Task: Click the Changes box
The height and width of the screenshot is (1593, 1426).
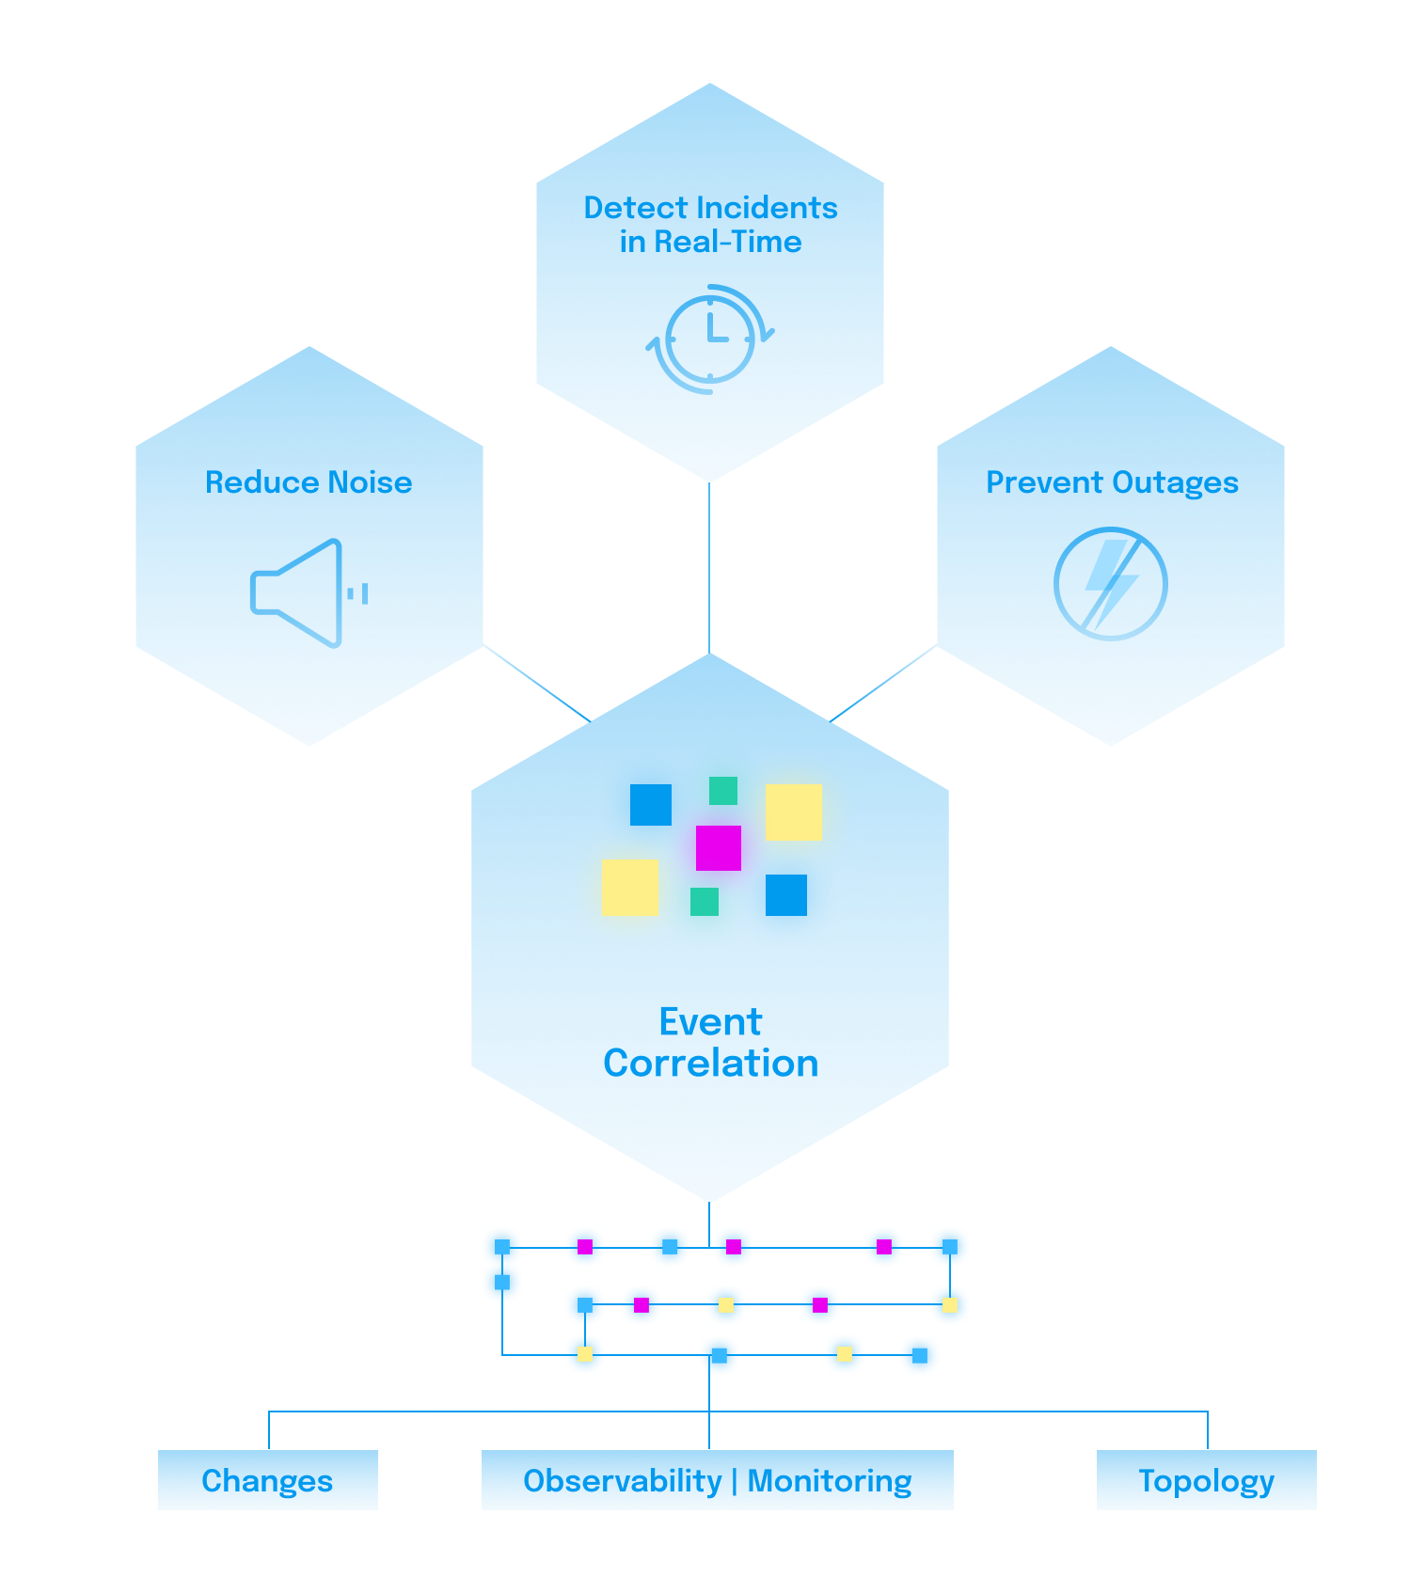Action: pyautogui.click(x=268, y=1480)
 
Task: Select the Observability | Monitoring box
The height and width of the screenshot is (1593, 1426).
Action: pyautogui.click(x=718, y=1480)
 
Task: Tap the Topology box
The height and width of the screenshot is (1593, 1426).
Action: pyautogui.click(x=1207, y=1480)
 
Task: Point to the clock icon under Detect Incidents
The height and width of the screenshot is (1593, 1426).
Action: pyautogui.click(x=710, y=339)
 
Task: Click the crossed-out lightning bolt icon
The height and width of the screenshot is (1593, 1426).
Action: pyautogui.click(x=1111, y=583)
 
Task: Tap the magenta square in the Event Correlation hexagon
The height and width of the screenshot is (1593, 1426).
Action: pyautogui.click(x=719, y=848)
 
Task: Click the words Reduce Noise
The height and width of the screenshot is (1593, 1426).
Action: pyautogui.click(x=309, y=482)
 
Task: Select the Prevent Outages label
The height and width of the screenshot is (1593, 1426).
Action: pyautogui.click(x=1112, y=483)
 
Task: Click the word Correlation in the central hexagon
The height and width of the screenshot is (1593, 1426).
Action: pyautogui.click(x=711, y=1064)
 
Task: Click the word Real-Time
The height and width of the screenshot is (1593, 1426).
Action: pyautogui.click(x=728, y=242)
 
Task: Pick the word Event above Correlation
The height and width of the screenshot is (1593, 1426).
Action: pyautogui.click(x=710, y=1022)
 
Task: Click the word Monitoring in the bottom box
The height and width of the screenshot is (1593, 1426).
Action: pyautogui.click(x=830, y=1481)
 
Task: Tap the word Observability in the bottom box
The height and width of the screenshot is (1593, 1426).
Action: pyautogui.click(x=623, y=1481)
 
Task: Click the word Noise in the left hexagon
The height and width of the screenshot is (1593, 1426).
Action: pyautogui.click(x=370, y=482)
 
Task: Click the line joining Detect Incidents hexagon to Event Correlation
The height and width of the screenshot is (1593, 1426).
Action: pyautogui.click(x=709, y=568)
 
